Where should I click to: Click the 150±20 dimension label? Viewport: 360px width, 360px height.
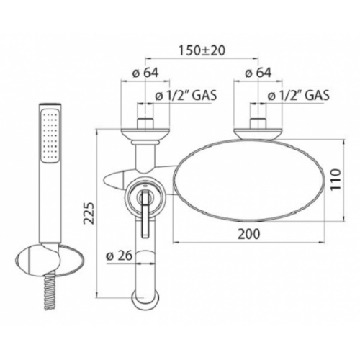point(202,50)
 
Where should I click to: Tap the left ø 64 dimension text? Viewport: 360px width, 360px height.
point(145,73)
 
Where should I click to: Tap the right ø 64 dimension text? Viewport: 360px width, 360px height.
point(258,73)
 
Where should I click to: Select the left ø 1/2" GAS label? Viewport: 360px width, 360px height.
point(186,95)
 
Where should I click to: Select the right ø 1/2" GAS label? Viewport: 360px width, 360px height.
point(299,95)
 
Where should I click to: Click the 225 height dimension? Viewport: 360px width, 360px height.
point(90,213)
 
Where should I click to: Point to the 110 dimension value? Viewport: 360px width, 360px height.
point(336,179)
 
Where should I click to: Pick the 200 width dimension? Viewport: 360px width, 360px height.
point(248,234)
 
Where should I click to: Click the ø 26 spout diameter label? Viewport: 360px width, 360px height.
point(119,256)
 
